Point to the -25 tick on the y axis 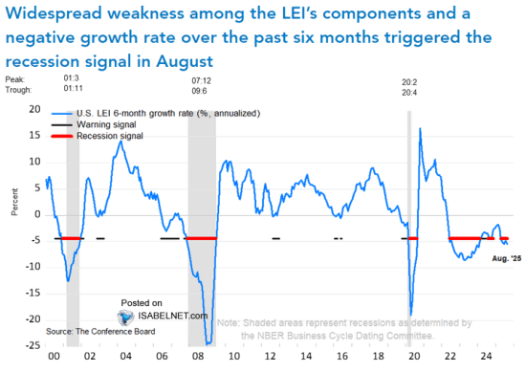click(x=32, y=345)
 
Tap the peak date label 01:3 click(x=72, y=83)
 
